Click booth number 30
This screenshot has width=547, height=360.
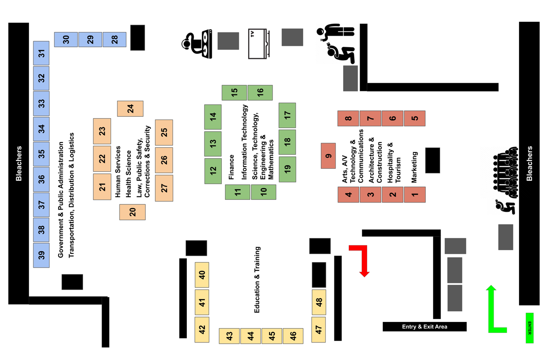(x=66, y=39)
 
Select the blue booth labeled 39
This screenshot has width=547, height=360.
(x=42, y=255)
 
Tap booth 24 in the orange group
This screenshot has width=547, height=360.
(x=130, y=109)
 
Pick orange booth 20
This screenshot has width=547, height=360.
(x=132, y=212)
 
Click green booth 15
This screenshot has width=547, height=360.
(x=234, y=93)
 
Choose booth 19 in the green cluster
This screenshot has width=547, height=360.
(x=287, y=169)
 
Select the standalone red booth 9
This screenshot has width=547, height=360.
(x=328, y=156)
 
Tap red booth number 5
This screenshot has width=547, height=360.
(x=414, y=118)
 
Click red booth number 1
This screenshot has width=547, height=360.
(x=414, y=194)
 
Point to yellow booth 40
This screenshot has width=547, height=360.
(x=202, y=275)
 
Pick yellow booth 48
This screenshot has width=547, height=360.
(x=319, y=302)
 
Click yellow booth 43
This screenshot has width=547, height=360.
(x=229, y=336)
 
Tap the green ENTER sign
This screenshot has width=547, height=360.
(x=529, y=328)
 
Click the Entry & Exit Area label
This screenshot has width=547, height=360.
(x=424, y=327)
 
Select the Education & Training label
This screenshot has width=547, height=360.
(x=257, y=280)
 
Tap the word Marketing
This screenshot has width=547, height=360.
(x=414, y=167)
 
